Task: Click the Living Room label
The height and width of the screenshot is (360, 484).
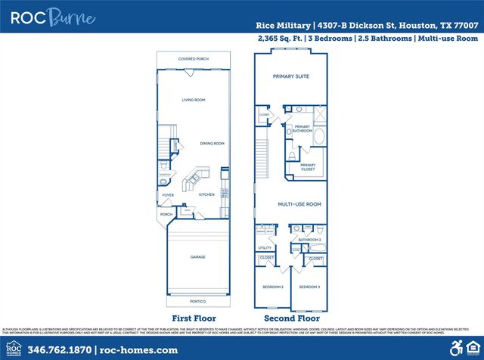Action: click(194, 100)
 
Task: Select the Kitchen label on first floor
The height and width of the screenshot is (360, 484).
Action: click(206, 194)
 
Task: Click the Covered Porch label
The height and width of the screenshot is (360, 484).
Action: click(193, 58)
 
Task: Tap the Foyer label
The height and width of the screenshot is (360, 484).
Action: click(168, 194)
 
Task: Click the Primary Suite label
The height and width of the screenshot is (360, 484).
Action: click(291, 76)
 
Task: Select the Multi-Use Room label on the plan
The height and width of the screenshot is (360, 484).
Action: click(299, 204)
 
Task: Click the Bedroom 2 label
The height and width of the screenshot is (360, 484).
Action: click(273, 287)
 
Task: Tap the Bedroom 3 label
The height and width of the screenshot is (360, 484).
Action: click(309, 287)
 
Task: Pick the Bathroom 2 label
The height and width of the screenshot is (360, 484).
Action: click(310, 240)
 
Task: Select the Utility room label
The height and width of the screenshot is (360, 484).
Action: click(265, 247)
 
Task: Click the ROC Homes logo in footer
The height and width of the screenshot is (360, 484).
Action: click(13, 349)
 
